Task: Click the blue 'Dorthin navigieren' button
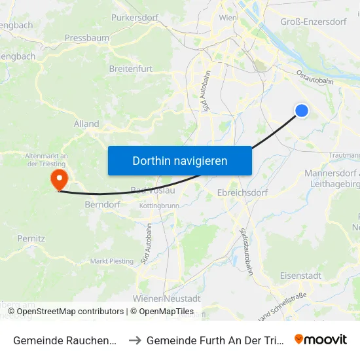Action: click(179, 160)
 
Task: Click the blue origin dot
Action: click(302, 111)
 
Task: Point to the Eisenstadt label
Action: click(300, 276)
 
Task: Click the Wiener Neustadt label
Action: click(166, 298)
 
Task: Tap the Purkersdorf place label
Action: click(136, 18)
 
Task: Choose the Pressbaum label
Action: click(86, 38)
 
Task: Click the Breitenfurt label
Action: click(132, 69)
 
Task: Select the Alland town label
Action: click(86, 124)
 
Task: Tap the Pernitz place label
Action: click(31, 239)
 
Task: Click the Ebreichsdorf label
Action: click(242, 194)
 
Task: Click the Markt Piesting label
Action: click(111, 261)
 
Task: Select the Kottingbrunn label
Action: click(159, 206)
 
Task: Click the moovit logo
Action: click(321, 340)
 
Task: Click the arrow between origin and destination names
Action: click(134, 340)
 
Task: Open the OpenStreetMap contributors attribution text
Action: click(70, 312)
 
